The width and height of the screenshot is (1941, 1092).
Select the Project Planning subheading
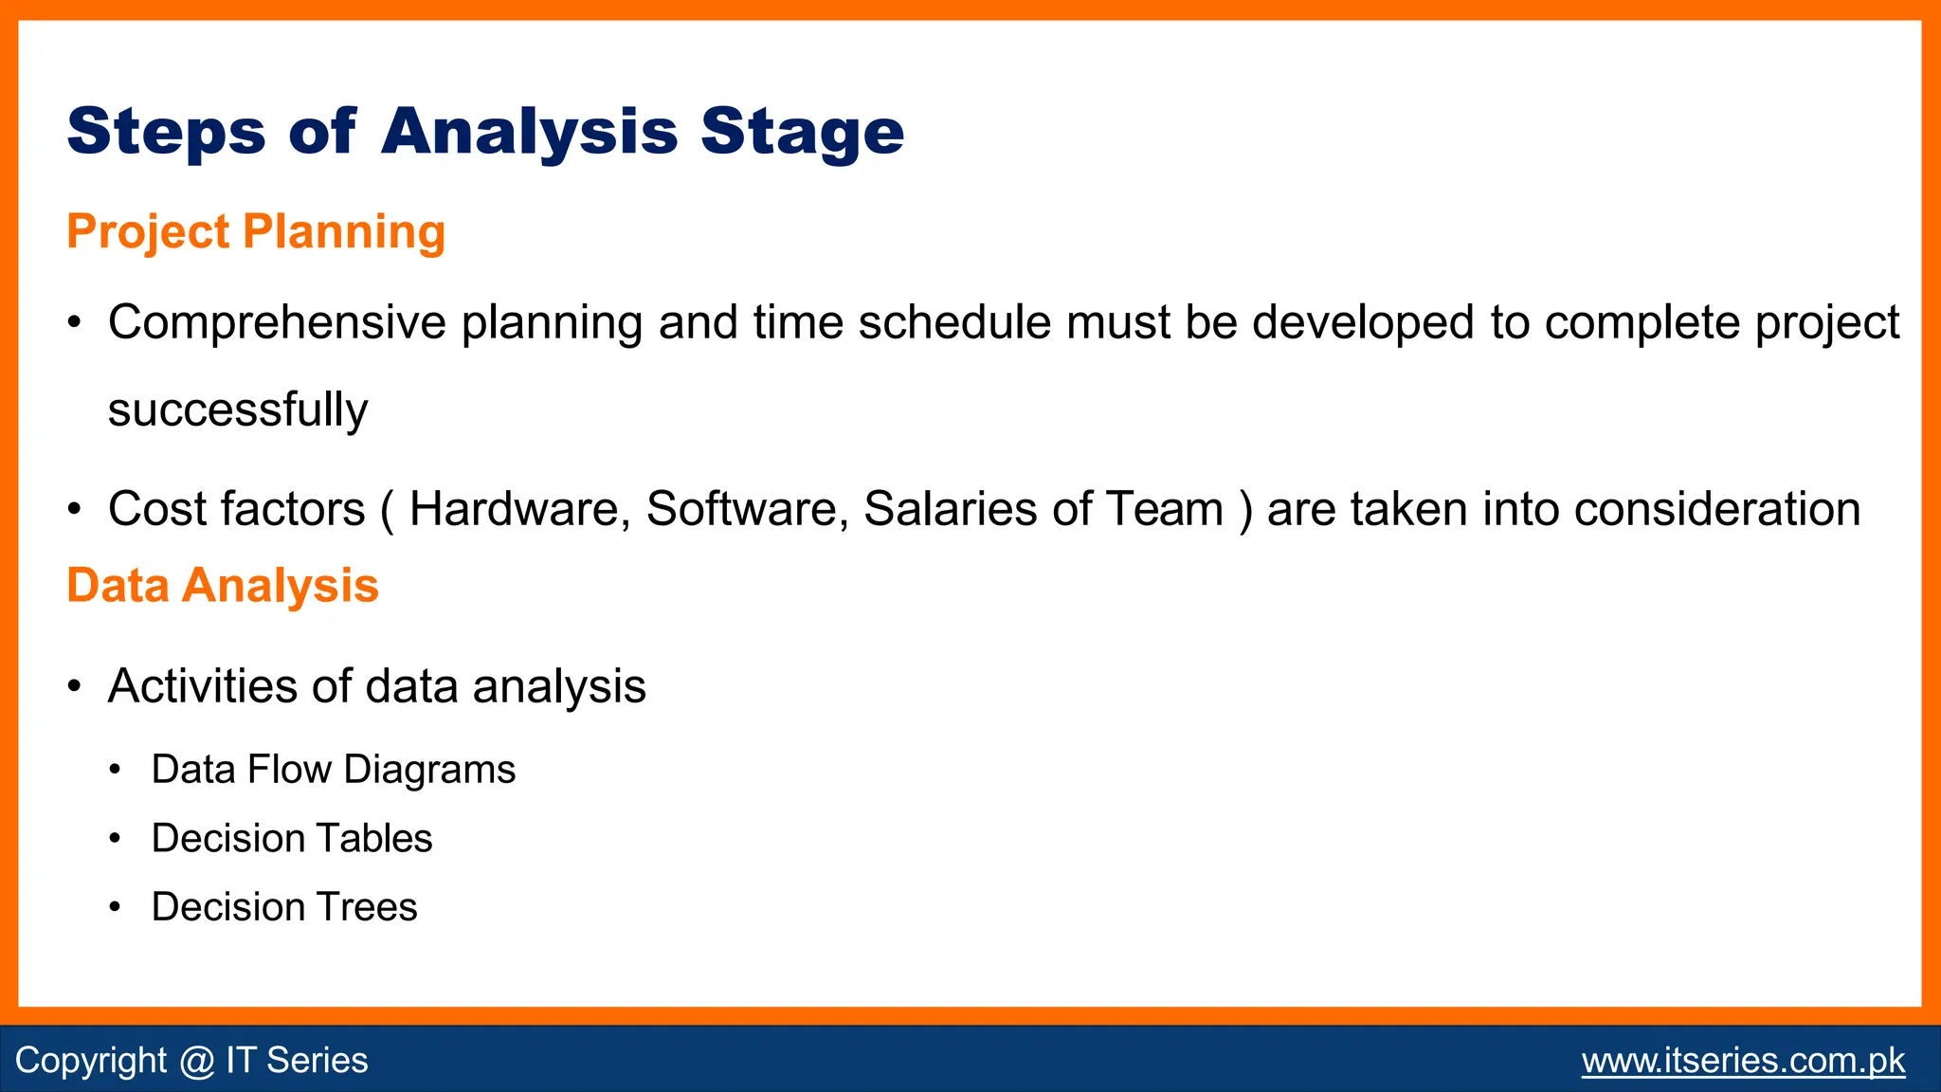point(256,231)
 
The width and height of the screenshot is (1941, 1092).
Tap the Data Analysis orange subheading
point(223,585)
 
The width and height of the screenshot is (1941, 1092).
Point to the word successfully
point(237,409)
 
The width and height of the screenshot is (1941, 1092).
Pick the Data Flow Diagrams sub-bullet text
point(333,769)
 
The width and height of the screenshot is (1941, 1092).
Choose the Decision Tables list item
point(292,838)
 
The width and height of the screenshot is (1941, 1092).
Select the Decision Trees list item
point(284,907)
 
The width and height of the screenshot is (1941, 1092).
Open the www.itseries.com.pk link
point(1743,1060)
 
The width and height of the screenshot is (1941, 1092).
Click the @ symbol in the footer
point(196,1060)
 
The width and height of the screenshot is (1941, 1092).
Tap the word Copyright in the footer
point(91,1060)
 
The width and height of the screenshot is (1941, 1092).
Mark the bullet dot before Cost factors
point(75,510)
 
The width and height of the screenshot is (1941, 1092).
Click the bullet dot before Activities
point(75,687)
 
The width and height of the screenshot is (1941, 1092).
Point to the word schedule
point(954,322)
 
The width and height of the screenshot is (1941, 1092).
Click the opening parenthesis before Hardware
point(387,510)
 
